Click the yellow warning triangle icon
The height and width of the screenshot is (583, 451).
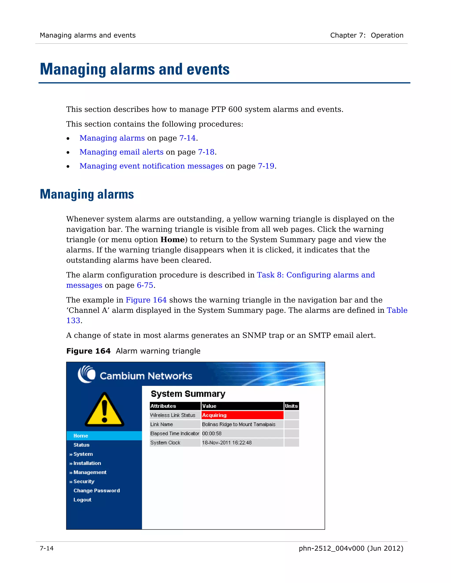(104, 410)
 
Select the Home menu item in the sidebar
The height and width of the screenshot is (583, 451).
(81, 436)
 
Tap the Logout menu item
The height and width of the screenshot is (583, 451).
(82, 500)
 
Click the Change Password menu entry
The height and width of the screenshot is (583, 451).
(96, 491)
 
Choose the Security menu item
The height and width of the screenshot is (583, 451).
(84, 482)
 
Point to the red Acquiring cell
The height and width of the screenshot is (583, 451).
(242, 415)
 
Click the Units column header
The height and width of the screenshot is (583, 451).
(291, 406)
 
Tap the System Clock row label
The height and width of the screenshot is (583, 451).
(165, 443)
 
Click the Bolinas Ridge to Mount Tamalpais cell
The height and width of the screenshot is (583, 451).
(238, 424)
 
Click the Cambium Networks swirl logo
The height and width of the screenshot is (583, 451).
(87, 374)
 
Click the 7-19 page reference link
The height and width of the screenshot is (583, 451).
(266, 166)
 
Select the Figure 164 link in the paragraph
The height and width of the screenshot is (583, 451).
(146, 300)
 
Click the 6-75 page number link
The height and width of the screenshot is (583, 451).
(145, 285)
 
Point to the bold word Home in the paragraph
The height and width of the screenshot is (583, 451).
(172, 240)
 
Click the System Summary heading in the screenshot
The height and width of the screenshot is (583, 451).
(188, 394)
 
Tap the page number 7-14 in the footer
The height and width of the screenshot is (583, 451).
(47, 548)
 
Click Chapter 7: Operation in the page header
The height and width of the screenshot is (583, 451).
(367, 35)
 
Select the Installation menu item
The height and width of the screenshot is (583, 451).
(87, 463)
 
